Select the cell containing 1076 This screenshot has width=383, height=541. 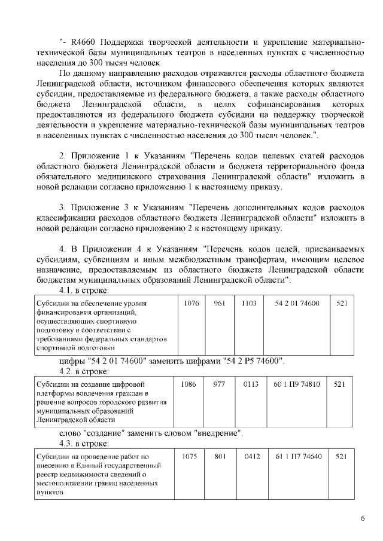(x=191, y=304)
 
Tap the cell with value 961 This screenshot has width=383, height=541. (x=219, y=304)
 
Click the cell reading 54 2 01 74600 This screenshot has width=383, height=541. (x=297, y=304)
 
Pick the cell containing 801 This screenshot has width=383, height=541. (x=219, y=457)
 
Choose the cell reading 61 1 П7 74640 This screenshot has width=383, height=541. (x=298, y=457)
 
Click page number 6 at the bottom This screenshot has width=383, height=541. (x=363, y=518)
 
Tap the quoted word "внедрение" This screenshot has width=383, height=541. (x=217, y=433)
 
